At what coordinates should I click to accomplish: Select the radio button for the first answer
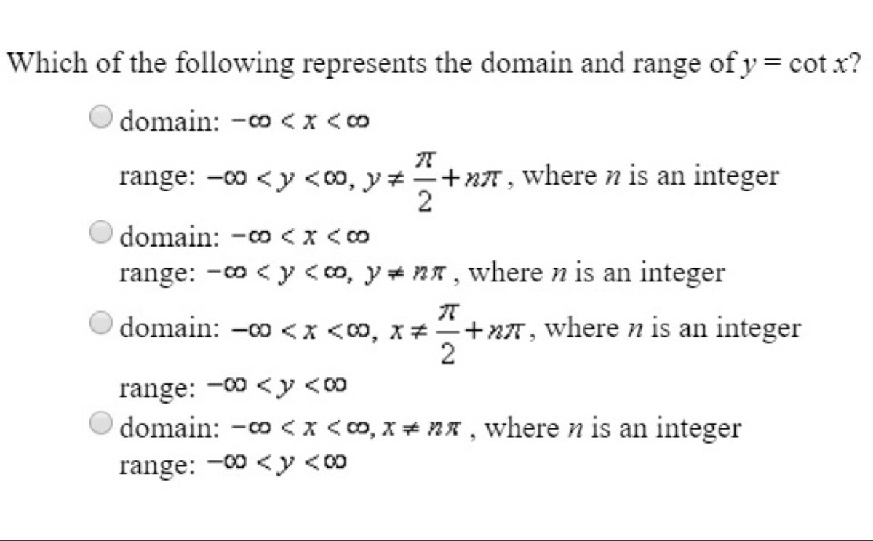[102, 116]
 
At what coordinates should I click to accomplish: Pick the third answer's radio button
[102, 321]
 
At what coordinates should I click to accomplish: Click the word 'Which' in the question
[43, 63]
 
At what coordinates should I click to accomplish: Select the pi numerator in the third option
[448, 310]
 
